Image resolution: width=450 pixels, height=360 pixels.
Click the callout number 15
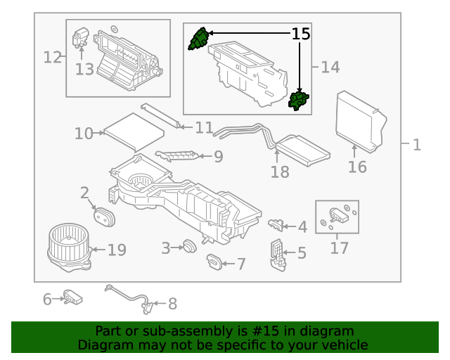(x=300, y=34)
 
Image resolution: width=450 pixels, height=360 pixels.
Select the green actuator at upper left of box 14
(x=198, y=39)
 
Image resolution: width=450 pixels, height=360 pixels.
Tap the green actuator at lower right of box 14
(x=300, y=101)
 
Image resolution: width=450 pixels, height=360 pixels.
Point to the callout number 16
(x=357, y=167)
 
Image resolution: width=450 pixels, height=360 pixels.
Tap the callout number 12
(x=53, y=57)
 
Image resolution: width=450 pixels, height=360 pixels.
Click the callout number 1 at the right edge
(x=416, y=145)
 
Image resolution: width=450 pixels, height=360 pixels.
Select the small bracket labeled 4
(x=276, y=224)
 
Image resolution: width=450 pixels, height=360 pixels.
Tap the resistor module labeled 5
(x=278, y=255)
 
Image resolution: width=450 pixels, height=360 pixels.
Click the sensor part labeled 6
(x=73, y=297)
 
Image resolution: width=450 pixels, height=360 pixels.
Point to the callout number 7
(x=240, y=264)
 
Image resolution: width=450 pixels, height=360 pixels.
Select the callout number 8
(x=172, y=304)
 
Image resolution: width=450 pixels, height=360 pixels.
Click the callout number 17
(x=339, y=247)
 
